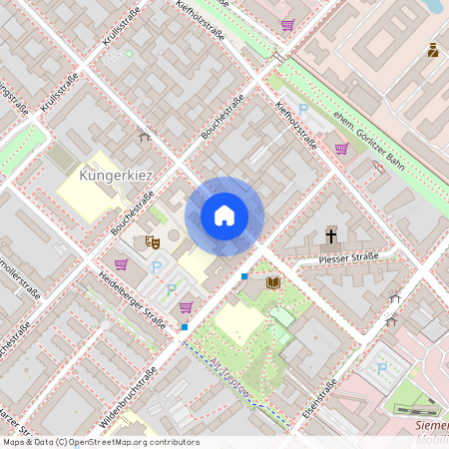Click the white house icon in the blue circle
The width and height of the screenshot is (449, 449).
[224, 215]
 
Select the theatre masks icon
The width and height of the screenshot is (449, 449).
[152, 240]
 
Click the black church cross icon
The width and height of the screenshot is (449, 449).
[331, 235]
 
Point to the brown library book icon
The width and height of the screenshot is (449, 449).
[273, 283]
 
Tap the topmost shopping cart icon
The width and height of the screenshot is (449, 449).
[287, 25]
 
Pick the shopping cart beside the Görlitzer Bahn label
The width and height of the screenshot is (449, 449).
[341, 149]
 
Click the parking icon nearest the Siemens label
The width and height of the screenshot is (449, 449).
[382, 367]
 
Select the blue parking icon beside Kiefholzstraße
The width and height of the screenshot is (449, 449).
[303, 108]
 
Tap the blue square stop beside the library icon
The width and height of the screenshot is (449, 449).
[244, 275]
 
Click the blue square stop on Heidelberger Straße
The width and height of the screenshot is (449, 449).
[184, 326]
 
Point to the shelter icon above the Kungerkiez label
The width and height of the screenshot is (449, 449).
[145, 136]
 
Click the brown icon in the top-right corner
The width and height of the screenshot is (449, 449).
[433, 50]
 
